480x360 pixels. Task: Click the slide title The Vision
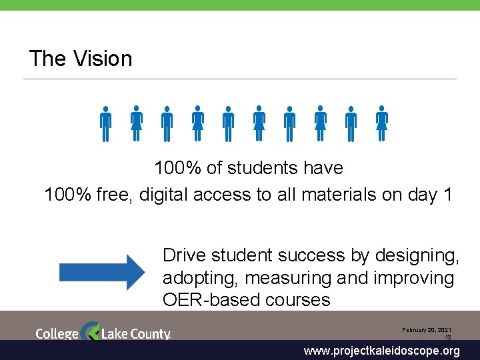pyautogui.click(x=81, y=59)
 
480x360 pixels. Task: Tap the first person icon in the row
pyautogui.click(x=105, y=123)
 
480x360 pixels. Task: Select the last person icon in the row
pyautogui.click(x=381, y=123)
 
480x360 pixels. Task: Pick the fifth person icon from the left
pyautogui.click(x=228, y=123)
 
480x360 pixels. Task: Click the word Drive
pyautogui.click(x=185, y=255)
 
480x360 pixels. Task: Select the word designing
pyautogui.click(x=417, y=255)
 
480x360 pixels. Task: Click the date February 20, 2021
pyautogui.click(x=426, y=330)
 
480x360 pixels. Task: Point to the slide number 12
pyautogui.click(x=448, y=338)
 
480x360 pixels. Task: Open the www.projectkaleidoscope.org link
pyautogui.click(x=381, y=351)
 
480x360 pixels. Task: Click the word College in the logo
pyautogui.click(x=57, y=333)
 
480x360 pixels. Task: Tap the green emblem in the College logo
pyautogui.click(x=90, y=331)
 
